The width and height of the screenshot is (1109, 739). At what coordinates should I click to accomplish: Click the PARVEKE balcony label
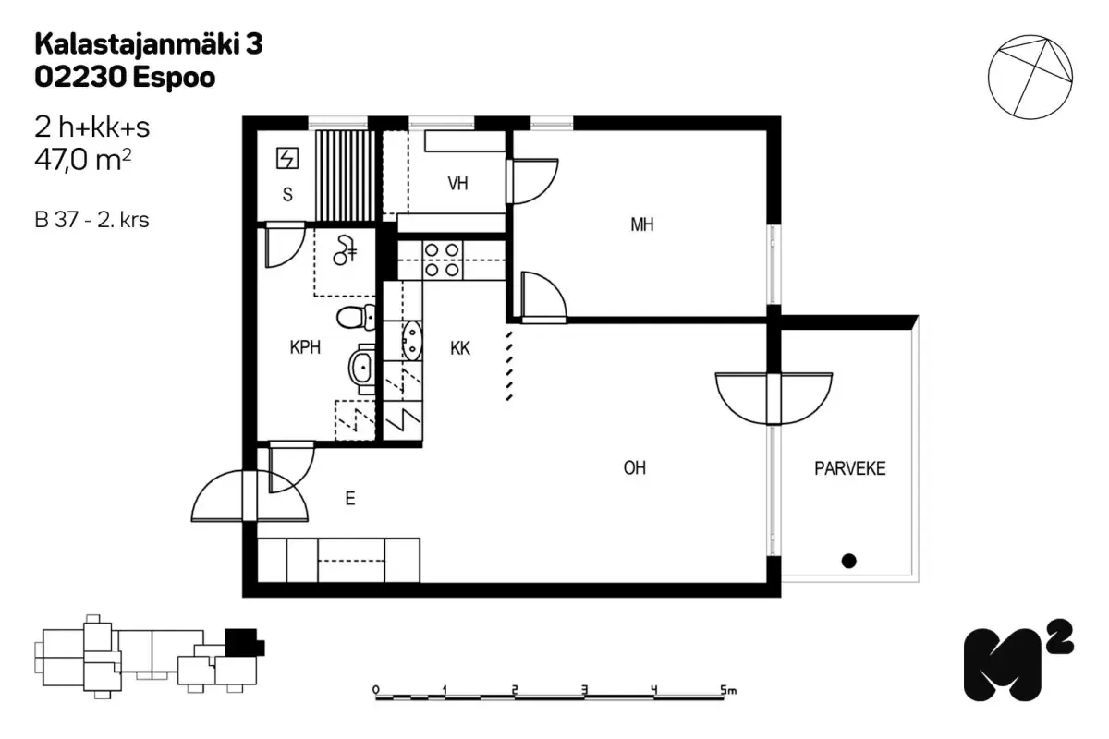click(849, 468)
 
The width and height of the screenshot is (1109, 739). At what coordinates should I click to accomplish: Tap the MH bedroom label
click(641, 224)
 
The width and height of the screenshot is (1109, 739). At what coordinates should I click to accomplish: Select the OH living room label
click(634, 468)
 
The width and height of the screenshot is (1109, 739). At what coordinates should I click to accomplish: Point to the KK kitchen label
click(459, 348)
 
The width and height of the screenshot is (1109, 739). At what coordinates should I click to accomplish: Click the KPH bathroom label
click(304, 348)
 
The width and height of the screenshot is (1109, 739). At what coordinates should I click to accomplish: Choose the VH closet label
click(457, 184)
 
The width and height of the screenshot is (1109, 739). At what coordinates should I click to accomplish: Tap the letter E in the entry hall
click(350, 499)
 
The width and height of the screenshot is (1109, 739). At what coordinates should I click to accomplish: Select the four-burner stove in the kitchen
click(441, 260)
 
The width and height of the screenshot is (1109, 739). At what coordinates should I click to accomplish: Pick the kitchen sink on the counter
click(410, 341)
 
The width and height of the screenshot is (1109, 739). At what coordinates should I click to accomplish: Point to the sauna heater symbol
click(288, 159)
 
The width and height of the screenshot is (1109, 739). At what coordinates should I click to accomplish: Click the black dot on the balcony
click(848, 560)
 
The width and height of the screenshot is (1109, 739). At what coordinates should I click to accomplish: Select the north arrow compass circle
click(1030, 77)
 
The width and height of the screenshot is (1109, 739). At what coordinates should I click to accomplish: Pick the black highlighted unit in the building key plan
click(242, 640)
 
